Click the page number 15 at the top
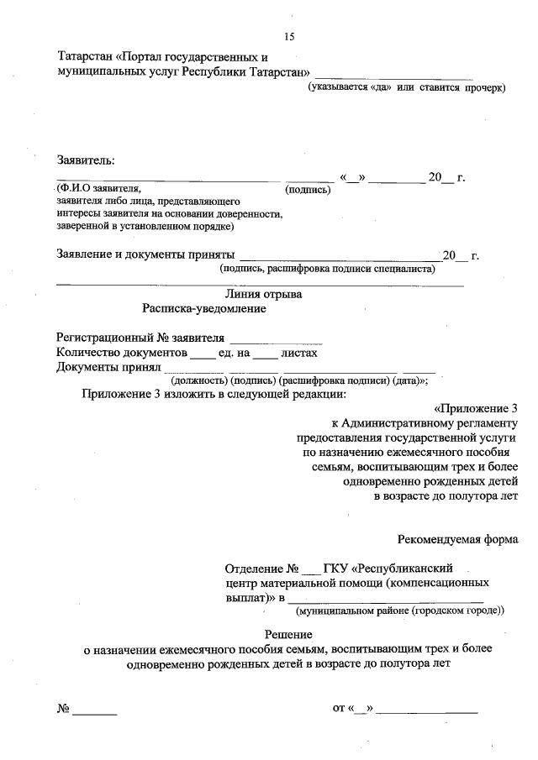click(x=289, y=36)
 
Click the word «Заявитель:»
click(x=86, y=160)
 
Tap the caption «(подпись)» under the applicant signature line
click(x=309, y=191)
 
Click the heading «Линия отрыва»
click(x=264, y=294)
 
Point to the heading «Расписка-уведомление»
click(x=204, y=309)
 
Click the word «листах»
click(x=298, y=354)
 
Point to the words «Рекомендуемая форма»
click(x=457, y=539)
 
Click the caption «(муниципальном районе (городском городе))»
click(x=406, y=611)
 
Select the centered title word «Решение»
click(x=288, y=634)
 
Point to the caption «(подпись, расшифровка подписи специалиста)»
click(x=327, y=270)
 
